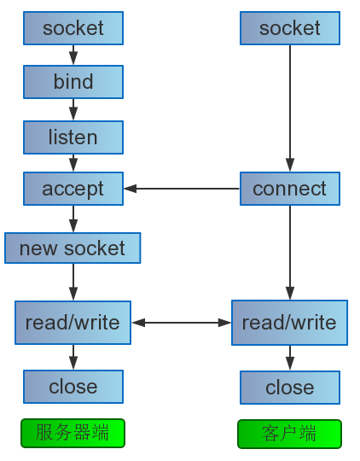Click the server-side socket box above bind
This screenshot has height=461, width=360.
pyautogui.click(x=73, y=28)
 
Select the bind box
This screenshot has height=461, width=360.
pyautogui.click(x=73, y=82)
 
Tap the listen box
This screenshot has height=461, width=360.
pyautogui.click(x=73, y=137)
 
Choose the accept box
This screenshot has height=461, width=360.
pyautogui.click(x=73, y=189)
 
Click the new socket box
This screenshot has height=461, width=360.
pyautogui.click(x=73, y=248)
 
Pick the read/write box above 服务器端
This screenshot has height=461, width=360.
pyautogui.click(x=73, y=323)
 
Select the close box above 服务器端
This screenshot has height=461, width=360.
pyautogui.click(x=73, y=387)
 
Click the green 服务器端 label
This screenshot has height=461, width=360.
pyautogui.click(x=73, y=433)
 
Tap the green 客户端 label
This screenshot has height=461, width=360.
pyautogui.click(x=289, y=434)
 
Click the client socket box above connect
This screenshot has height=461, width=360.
pyautogui.click(x=290, y=28)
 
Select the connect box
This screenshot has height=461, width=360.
pyautogui.click(x=290, y=189)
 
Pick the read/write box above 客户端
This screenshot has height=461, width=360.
pyautogui.click(x=289, y=323)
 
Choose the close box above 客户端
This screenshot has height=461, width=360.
pyautogui.click(x=290, y=388)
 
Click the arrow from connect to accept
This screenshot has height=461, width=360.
pyautogui.click(x=182, y=189)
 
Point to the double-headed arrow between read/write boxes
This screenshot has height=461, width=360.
pyautogui.click(x=182, y=323)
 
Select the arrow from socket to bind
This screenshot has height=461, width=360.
pyautogui.click(x=73, y=55)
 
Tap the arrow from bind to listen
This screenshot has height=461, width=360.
pyautogui.click(x=73, y=109)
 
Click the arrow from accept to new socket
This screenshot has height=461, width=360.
pyautogui.click(x=73, y=219)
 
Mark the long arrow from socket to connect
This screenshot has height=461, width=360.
pyautogui.click(x=290, y=108)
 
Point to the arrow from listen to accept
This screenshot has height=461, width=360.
pyautogui.click(x=73, y=163)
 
